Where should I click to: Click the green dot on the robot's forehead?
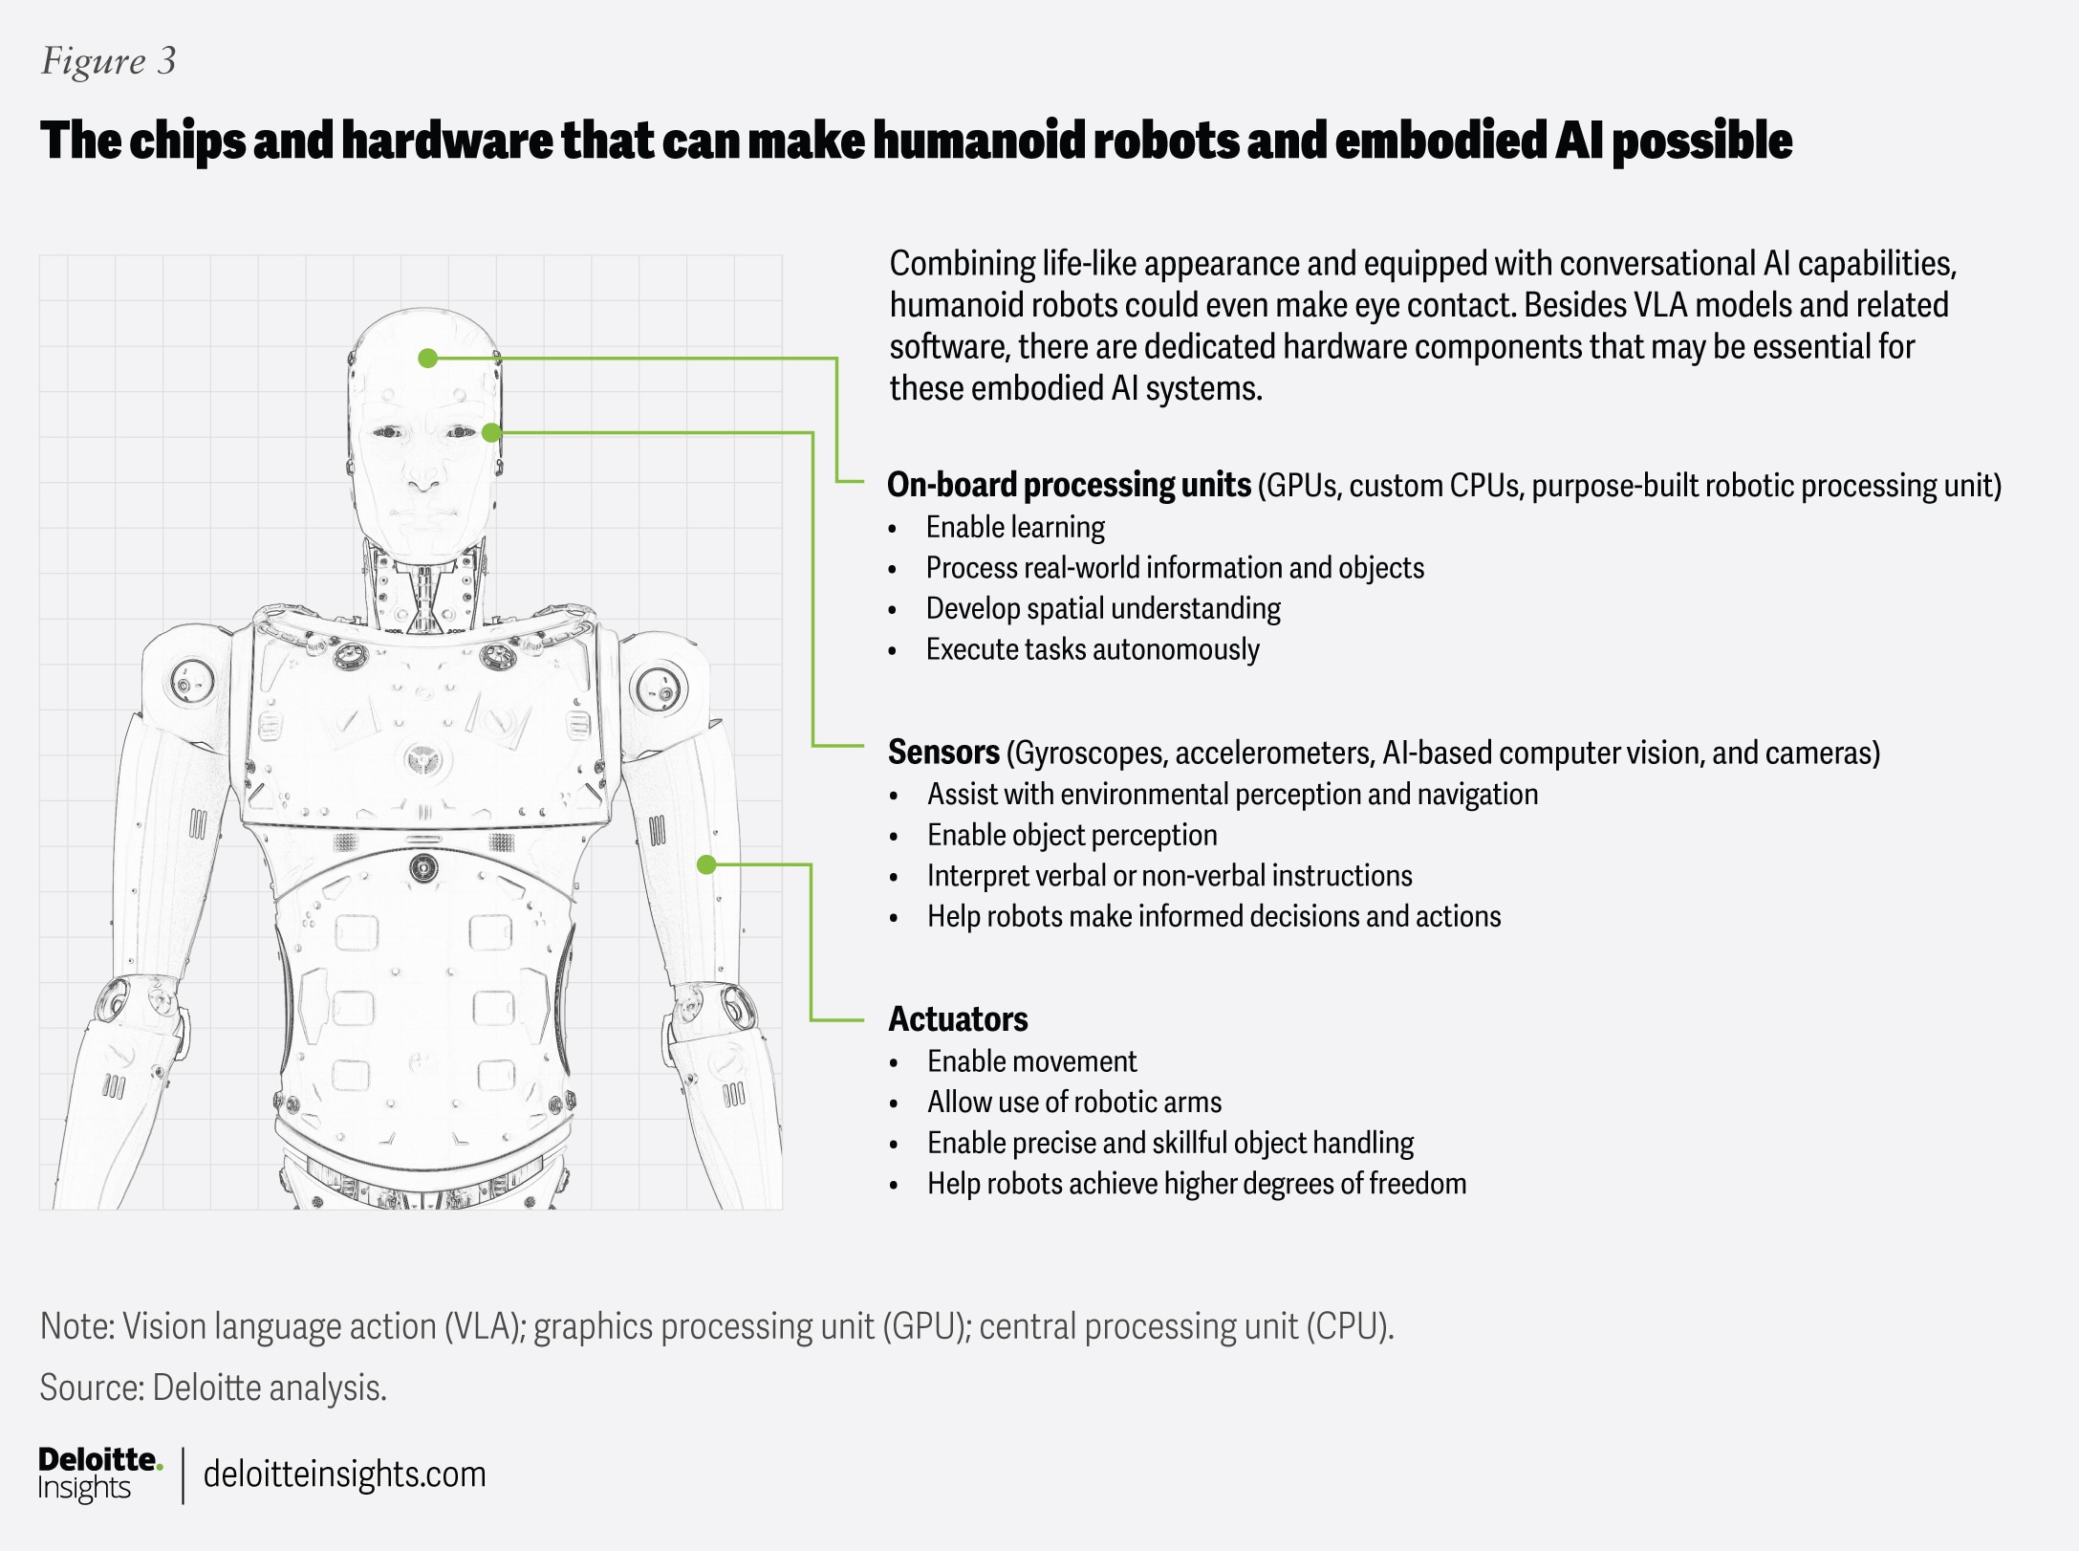(428, 359)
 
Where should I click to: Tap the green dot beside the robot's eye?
(491, 433)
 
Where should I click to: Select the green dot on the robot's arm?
(706, 865)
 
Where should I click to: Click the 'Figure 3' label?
(108, 61)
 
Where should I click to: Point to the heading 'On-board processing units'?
(1069, 485)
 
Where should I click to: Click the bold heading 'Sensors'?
(943, 753)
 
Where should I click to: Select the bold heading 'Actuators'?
(958, 1019)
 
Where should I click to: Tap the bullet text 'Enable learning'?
(1015, 528)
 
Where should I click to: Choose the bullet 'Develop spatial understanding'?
(1103, 609)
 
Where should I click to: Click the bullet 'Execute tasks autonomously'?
(1093, 650)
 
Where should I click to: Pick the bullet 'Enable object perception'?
(1072, 836)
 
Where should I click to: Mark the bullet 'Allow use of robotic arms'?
(1074, 1103)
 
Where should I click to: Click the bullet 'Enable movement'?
(1031, 1061)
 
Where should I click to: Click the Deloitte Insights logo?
(99, 1474)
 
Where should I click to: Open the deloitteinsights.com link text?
(344, 1475)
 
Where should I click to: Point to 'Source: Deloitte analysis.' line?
(213, 1387)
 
